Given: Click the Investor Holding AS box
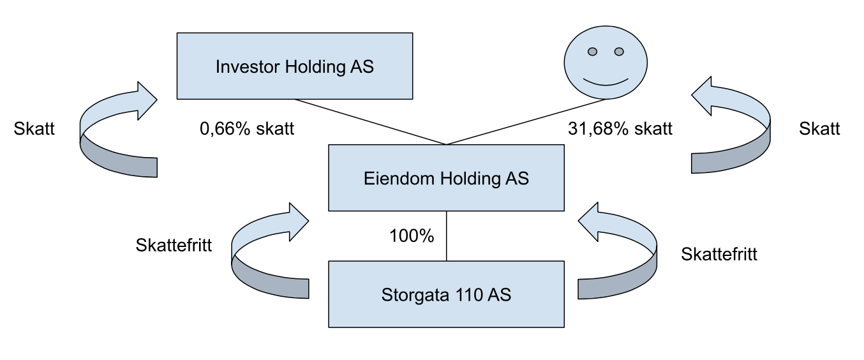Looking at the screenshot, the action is click(x=295, y=66).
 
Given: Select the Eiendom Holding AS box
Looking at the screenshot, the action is click(x=446, y=178).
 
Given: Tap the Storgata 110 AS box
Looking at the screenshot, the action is click(x=446, y=294).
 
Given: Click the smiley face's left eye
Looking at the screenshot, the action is click(x=592, y=52).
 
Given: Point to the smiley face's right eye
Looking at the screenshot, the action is click(x=619, y=52).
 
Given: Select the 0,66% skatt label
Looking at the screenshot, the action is click(x=247, y=128).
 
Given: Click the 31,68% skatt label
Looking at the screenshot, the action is click(x=620, y=128).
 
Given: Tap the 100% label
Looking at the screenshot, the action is click(x=412, y=236).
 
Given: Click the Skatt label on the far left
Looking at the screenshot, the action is click(x=34, y=128).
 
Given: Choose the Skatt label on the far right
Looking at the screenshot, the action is click(x=819, y=128).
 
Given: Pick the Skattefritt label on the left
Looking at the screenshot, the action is click(x=174, y=245).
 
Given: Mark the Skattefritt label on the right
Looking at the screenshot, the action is click(x=719, y=254).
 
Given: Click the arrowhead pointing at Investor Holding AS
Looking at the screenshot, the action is click(x=147, y=100).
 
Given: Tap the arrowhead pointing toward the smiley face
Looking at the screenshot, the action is click(x=702, y=96).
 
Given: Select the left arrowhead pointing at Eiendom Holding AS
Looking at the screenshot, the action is click(x=299, y=222).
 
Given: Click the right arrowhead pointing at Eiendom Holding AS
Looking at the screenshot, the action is click(x=588, y=221).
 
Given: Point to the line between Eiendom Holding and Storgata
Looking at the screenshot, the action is click(x=447, y=236).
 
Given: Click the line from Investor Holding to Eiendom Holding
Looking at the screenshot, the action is click(x=371, y=122).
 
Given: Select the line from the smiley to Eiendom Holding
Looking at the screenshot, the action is click(x=526, y=122).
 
